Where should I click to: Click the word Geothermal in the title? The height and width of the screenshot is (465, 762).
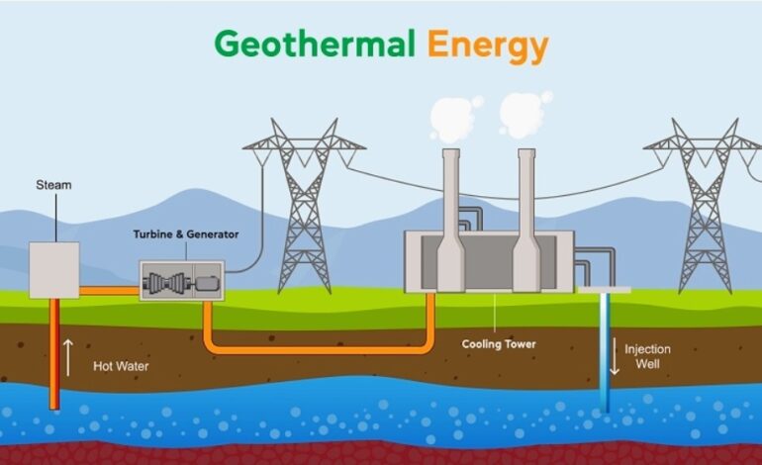(x=315, y=45)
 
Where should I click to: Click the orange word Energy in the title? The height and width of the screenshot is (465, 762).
(x=488, y=46)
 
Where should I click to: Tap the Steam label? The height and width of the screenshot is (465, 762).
(x=53, y=185)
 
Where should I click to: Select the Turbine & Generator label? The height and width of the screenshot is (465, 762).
(x=186, y=234)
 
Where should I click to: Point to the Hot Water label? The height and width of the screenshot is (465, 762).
(x=121, y=366)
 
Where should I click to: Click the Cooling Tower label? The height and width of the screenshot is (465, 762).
(x=499, y=344)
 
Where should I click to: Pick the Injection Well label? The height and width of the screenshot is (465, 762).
(x=647, y=356)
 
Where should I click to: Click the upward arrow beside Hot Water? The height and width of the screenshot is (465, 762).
(x=68, y=357)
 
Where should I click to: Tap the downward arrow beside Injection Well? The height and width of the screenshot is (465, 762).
(x=615, y=356)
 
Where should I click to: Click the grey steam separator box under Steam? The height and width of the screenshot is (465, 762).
(x=54, y=270)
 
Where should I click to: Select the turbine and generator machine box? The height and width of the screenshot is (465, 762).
(x=182, y=281)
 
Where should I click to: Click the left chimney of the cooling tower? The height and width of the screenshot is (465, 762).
(x=451, y=220)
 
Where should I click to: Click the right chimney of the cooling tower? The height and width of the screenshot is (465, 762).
(x=526, y=220)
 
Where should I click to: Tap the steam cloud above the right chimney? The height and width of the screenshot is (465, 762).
(x=524, y=113)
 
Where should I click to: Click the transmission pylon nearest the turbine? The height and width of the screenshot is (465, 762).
(x=304, y=206)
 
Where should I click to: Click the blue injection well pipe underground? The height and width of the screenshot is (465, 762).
(x=605, y=352)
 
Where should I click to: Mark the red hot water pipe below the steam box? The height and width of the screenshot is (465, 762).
(x=54, y=354)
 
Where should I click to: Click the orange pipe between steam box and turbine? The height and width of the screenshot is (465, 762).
(x=109, y=291)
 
